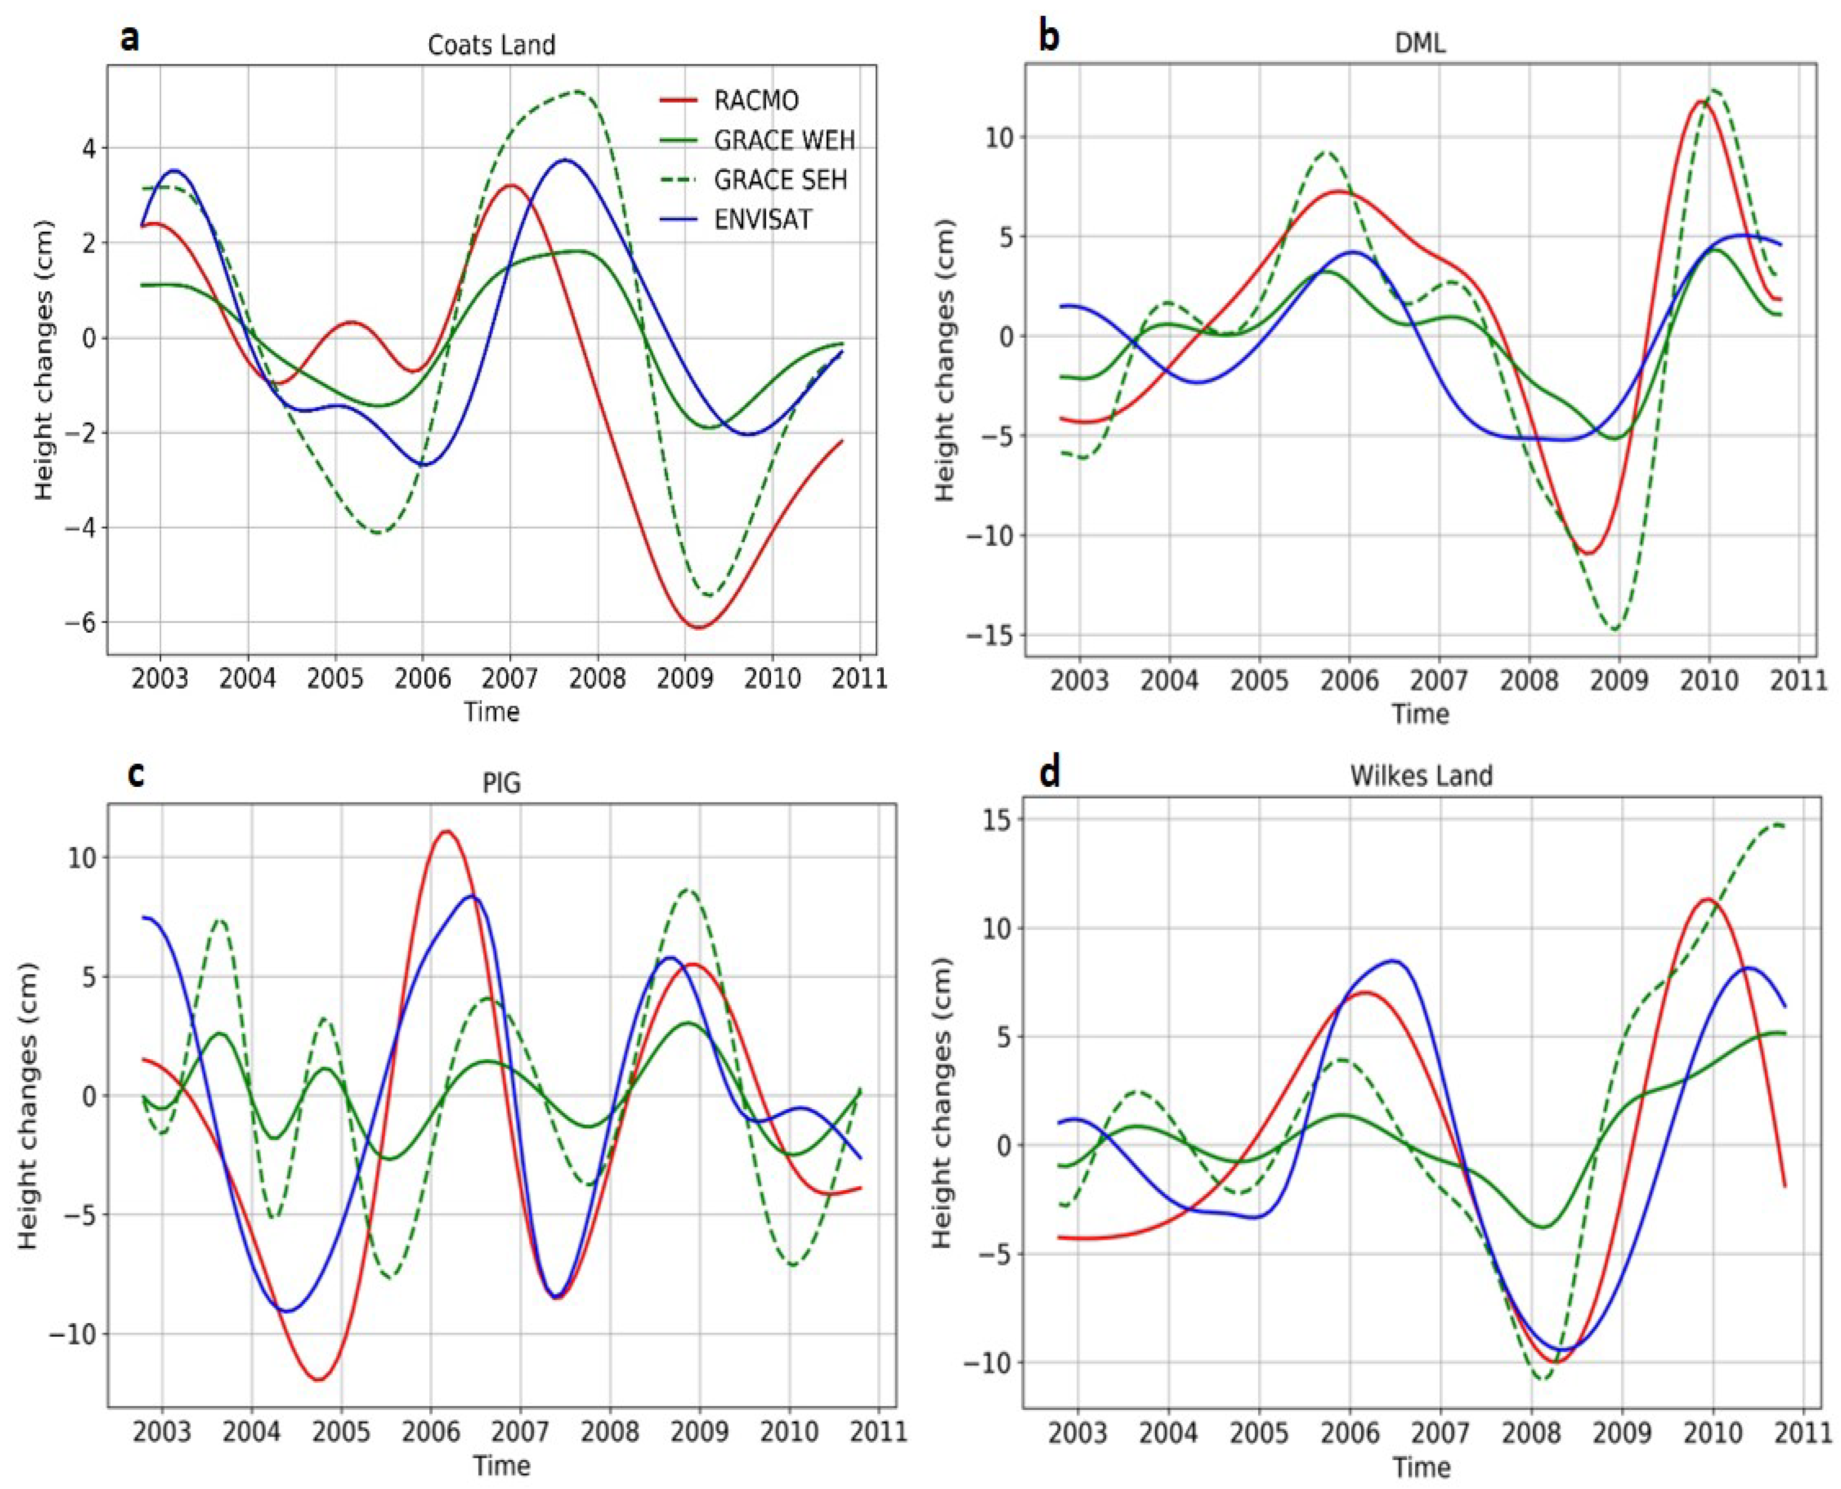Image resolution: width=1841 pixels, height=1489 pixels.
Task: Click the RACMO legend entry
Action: tap(755, 101)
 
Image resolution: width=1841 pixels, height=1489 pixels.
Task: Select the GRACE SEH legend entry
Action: tap(779, 180)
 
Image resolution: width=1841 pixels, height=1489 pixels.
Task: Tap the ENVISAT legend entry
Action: tap(762, 220)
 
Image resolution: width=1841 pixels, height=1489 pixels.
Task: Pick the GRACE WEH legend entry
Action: tap(783, 141)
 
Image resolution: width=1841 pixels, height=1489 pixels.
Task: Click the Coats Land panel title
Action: tap(491, 45)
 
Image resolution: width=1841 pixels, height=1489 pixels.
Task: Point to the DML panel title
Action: tap(1420, 43)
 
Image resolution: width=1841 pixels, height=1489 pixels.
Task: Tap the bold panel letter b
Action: tap(1048, 39)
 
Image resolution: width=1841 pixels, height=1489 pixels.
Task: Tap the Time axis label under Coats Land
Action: tap(491, 712)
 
